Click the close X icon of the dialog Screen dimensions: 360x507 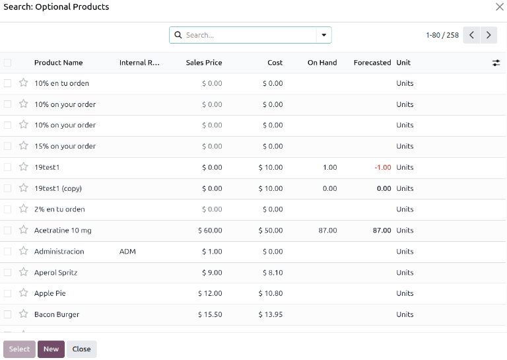[x=500, y=7]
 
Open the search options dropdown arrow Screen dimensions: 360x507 [x=324, y=35]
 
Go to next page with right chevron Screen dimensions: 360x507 [x=489, y=35]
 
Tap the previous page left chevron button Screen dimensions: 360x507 [x=471, y=35]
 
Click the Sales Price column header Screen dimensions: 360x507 [x=204, y=63]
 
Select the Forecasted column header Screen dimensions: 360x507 [x=372, y=63]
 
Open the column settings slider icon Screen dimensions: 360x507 [x=496, y=63]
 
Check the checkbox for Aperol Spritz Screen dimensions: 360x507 [x=7, y=272]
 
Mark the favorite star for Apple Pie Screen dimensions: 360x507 [x=23, y=293]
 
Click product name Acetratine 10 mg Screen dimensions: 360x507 [x=63, y=231]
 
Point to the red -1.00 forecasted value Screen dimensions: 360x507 [x=383, y=168]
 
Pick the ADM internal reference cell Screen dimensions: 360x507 [x=127, y=252]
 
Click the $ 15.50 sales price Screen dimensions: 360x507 [x=210, y=314]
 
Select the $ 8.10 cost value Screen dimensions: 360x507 [x=271, y=272]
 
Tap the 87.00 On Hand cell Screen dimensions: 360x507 [x=327, y=231]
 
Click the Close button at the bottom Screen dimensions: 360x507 [x=81, y=349]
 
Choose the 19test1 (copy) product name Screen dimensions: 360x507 [x=58, y=188]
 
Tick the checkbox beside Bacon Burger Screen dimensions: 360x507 [x=7, y=314]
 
